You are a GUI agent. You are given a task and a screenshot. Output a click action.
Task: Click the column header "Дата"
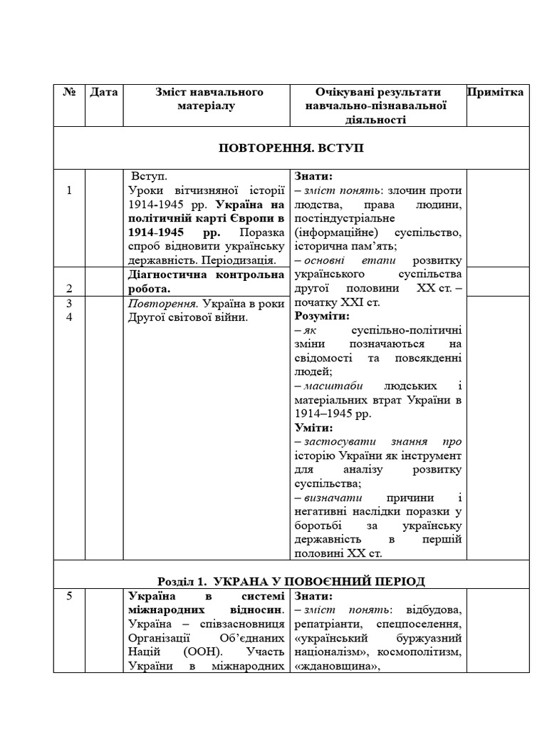pos(104,92)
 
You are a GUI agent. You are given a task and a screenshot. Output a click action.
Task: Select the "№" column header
pos(69,92)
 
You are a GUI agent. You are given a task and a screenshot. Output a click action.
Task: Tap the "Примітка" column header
pos(496,92)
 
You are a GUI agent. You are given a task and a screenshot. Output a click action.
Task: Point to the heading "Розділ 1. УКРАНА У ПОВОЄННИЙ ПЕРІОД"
pos(291,581)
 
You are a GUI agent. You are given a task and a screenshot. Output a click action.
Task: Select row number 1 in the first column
pos(69,190)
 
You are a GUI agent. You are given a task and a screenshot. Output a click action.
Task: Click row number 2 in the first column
pos(69,288)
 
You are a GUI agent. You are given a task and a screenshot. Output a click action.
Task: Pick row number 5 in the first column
pos(69,596)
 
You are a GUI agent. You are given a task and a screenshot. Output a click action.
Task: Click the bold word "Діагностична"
pos(165,275)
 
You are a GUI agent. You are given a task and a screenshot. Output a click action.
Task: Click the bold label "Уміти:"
pos(313,428)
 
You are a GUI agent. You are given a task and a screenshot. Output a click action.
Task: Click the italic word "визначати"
pos(328,498)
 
